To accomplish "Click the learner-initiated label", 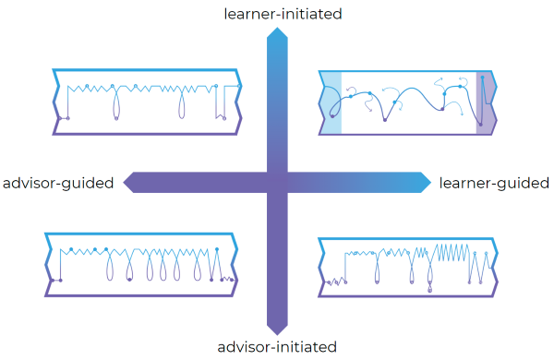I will tap(276, 13).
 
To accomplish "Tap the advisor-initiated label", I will tap(276, 347).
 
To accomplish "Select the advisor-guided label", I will tap(58, 183).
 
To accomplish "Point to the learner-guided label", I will tap(493, 183).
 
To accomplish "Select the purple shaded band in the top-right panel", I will tap(485, 102).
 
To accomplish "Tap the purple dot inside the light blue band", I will tap(332, 116).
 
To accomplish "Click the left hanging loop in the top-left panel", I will tap(114, 109).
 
